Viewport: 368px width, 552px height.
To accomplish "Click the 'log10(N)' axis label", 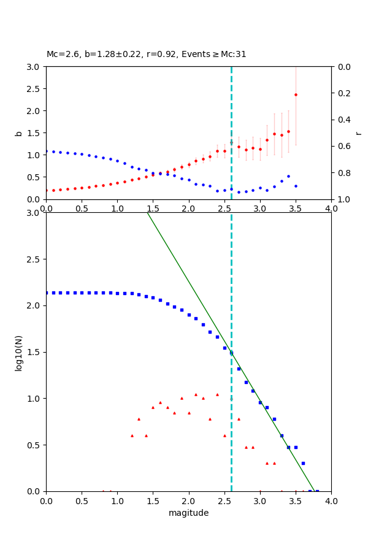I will [x=18, y=352].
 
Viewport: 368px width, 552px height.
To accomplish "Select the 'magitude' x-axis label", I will [x=188, y=513].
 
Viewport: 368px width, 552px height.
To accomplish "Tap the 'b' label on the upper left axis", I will [x=18, y=133].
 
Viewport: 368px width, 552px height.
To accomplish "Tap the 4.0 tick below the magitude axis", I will [x=331, y=500].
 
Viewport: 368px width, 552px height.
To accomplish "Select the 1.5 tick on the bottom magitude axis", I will [x=153, y=500].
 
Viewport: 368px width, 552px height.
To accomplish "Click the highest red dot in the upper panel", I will [x=296, y=94].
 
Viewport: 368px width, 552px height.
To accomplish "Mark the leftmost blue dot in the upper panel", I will [x=46, y=151].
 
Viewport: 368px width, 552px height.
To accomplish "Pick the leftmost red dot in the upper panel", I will [x=46, y=190].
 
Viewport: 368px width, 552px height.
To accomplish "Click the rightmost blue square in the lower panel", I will [x=317, y=491].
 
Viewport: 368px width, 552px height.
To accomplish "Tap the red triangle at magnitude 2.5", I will [x=224, y=435].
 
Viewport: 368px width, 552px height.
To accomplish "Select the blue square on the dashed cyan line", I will [x=231, y=353].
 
